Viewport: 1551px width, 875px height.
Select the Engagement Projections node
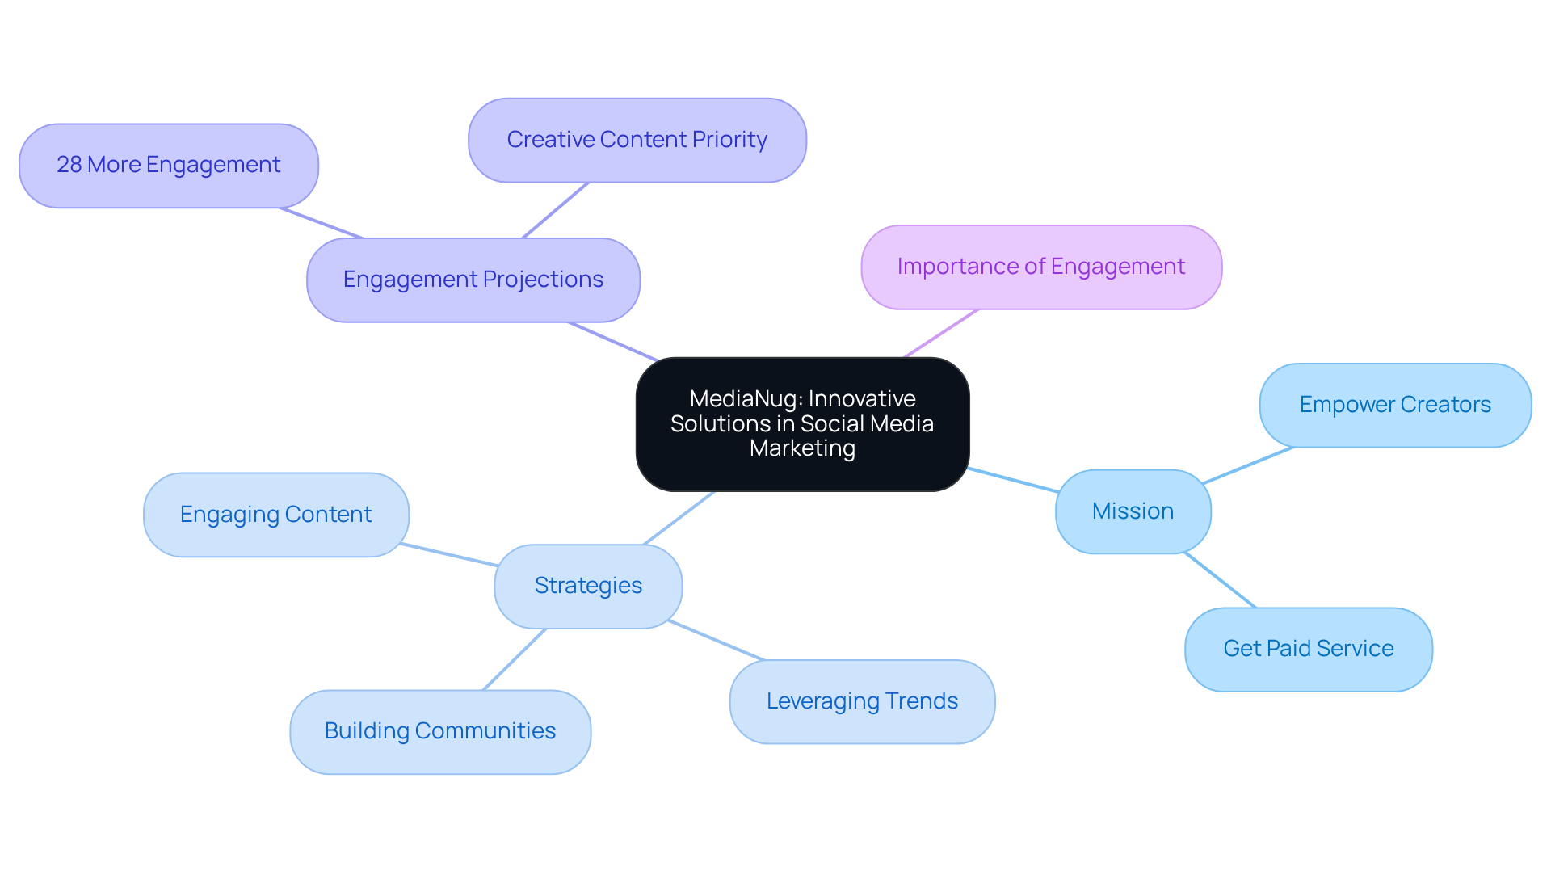coord(473,280)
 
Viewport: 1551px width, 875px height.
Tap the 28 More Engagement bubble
coord(168,165)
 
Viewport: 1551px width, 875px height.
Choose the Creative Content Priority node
coord(637,140)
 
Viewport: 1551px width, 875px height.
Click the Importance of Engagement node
coord(1040,267)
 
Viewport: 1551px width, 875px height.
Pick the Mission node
coord(1133,511)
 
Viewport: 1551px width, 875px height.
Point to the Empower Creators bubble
coord(1395,405)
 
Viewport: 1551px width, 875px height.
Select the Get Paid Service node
coord(1308,649)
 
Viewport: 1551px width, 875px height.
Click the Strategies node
coord(588,586)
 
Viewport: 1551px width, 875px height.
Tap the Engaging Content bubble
coord(275,515)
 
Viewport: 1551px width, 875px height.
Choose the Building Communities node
coord(440,731)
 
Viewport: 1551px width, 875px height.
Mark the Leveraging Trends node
coord(862,701)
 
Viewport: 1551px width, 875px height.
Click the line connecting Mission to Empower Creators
coord(1248,465)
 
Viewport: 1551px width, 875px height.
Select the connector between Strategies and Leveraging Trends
coord(717,641)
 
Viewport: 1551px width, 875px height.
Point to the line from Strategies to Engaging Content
coord(449,554)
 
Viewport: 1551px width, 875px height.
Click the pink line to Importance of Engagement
coord(941,333)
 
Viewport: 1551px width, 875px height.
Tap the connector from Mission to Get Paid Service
coord(1220,580)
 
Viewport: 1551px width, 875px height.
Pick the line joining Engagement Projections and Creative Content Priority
coord(556,210)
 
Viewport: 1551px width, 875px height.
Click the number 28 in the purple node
coord(69,165)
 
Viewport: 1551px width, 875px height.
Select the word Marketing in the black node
coord(802,448)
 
